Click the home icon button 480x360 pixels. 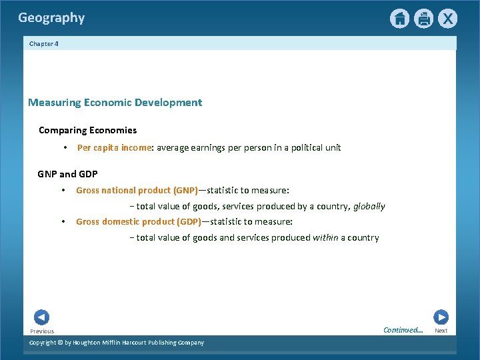(x=399, y=19)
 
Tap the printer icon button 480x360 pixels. (x=423, y=19)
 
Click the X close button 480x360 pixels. (x=447, y=19)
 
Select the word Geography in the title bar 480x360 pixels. (x=51, y=18)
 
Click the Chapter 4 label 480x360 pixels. (x=44, y=43)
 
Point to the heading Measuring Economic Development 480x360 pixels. (x=115, y=103)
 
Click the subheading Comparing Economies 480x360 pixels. (x=87, y=130)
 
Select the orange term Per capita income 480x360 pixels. (x=115, y=147)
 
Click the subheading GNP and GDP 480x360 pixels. (x=67, y=174)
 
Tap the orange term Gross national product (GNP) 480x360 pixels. (x=137, y=190)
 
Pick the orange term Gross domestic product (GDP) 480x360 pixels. (x=138, y=221)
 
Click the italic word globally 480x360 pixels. (x=369, y=207)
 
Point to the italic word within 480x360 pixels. (x=325, y=237)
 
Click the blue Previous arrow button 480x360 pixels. (x=41, y=317)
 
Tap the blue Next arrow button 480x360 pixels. (x=441, y=317)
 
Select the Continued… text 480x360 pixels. (x=403, y=330)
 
